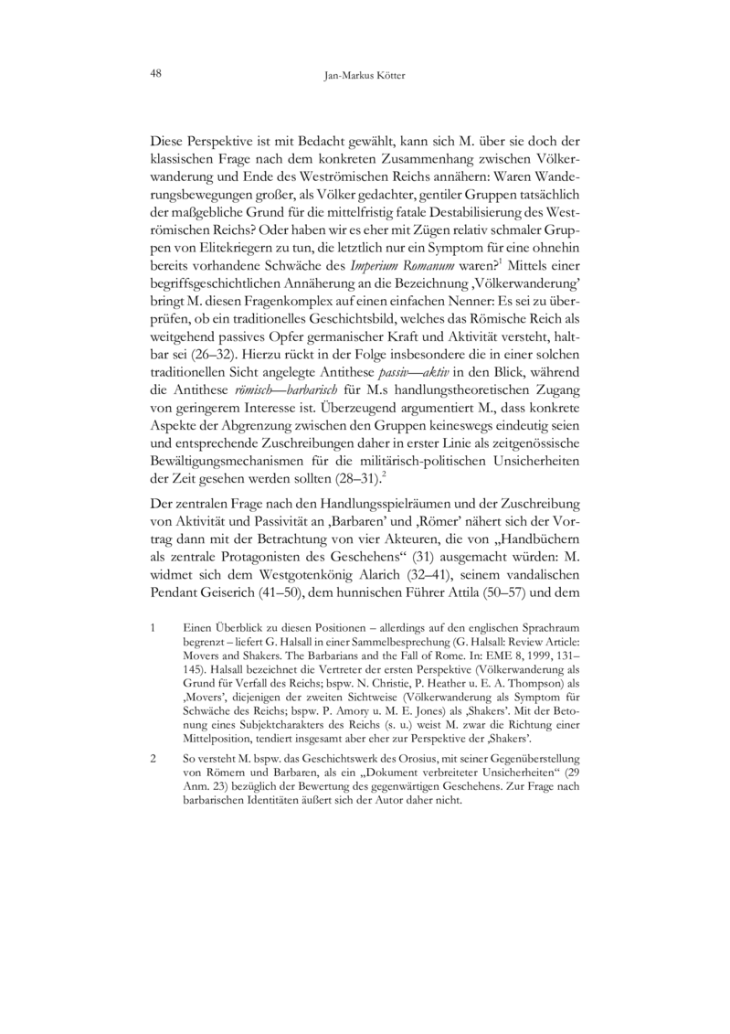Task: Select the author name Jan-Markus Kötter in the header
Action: [365, 77]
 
